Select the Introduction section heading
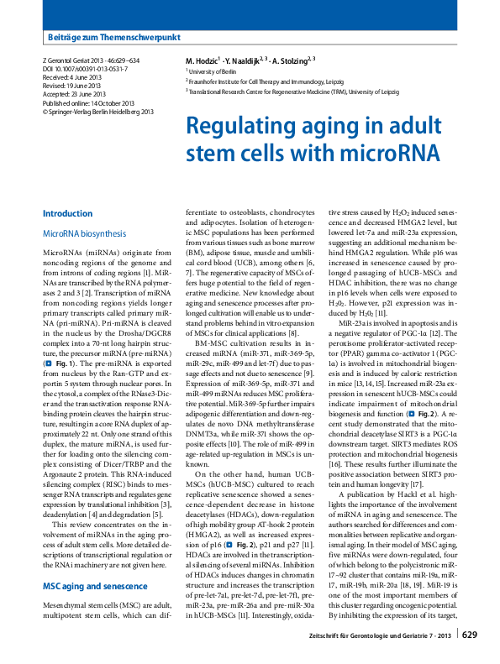tap(67, 213)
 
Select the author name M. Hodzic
tap(202, 61)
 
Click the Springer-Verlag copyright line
tap(97, 111)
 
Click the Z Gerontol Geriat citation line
tap(90, 60)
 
